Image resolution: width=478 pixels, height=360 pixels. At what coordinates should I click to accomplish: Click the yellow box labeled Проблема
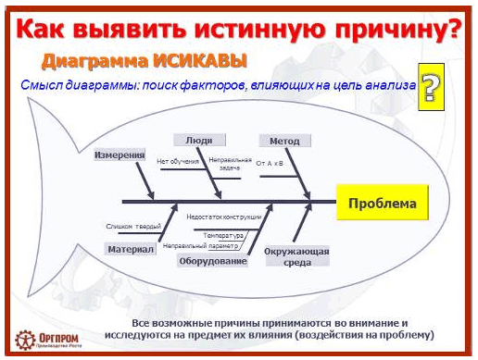coord(382,204)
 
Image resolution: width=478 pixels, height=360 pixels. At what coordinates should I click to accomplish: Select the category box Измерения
coord(119,155)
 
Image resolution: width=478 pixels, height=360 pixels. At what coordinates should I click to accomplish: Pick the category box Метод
coord(284,141)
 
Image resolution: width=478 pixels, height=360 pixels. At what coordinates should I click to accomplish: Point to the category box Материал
coord(130,250)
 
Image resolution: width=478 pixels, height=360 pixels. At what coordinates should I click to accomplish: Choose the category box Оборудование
coord(213,262)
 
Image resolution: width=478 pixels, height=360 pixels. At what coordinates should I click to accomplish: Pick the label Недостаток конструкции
coord(223,217)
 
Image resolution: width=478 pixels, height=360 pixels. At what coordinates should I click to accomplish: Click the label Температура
coord(223,235)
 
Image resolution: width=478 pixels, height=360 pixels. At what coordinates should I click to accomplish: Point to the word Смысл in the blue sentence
coord(38,85)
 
